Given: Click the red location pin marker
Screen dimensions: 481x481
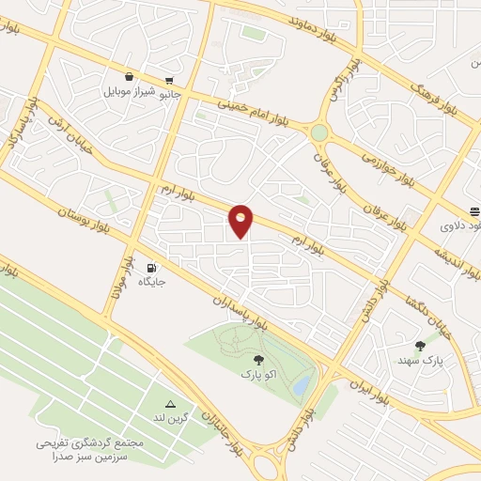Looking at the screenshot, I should [x=241, y=221].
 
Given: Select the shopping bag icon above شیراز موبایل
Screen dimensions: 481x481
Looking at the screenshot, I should [x=129, y=78].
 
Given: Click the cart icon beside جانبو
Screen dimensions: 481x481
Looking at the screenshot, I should [x=168, y=81].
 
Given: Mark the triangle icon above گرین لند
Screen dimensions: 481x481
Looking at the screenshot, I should [x=171, y=403].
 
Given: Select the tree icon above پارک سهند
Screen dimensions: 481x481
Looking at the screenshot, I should [x=420, y=346].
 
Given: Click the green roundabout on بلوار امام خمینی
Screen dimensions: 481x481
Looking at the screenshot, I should [x=320, y=132].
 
